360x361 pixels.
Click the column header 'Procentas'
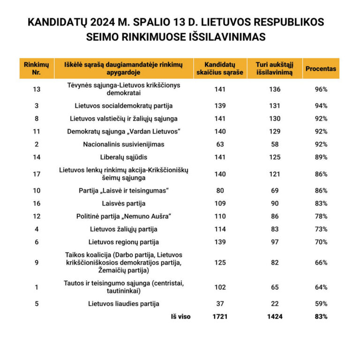[x=321, y=68]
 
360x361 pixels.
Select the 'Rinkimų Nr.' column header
[x=37, y=68]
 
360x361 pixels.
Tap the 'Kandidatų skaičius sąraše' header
[x=220, y=68]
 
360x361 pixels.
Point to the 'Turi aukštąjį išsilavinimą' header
[x=275, y=68]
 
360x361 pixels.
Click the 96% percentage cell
[x=321, y=90]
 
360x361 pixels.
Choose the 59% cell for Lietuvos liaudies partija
[x=321, y=304]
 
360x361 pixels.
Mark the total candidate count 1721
[x=220, y=317]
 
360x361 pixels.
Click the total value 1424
[x=275, y=317]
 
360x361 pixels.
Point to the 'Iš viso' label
[x=181, y=317]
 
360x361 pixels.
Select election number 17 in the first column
[x=37, y=174]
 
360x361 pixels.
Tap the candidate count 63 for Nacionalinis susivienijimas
[x=220, y=144]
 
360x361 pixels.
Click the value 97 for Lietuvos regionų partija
[x=275, y=242]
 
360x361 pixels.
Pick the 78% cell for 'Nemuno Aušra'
[x=321, y=216]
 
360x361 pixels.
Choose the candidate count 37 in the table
[x=220, y=304]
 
